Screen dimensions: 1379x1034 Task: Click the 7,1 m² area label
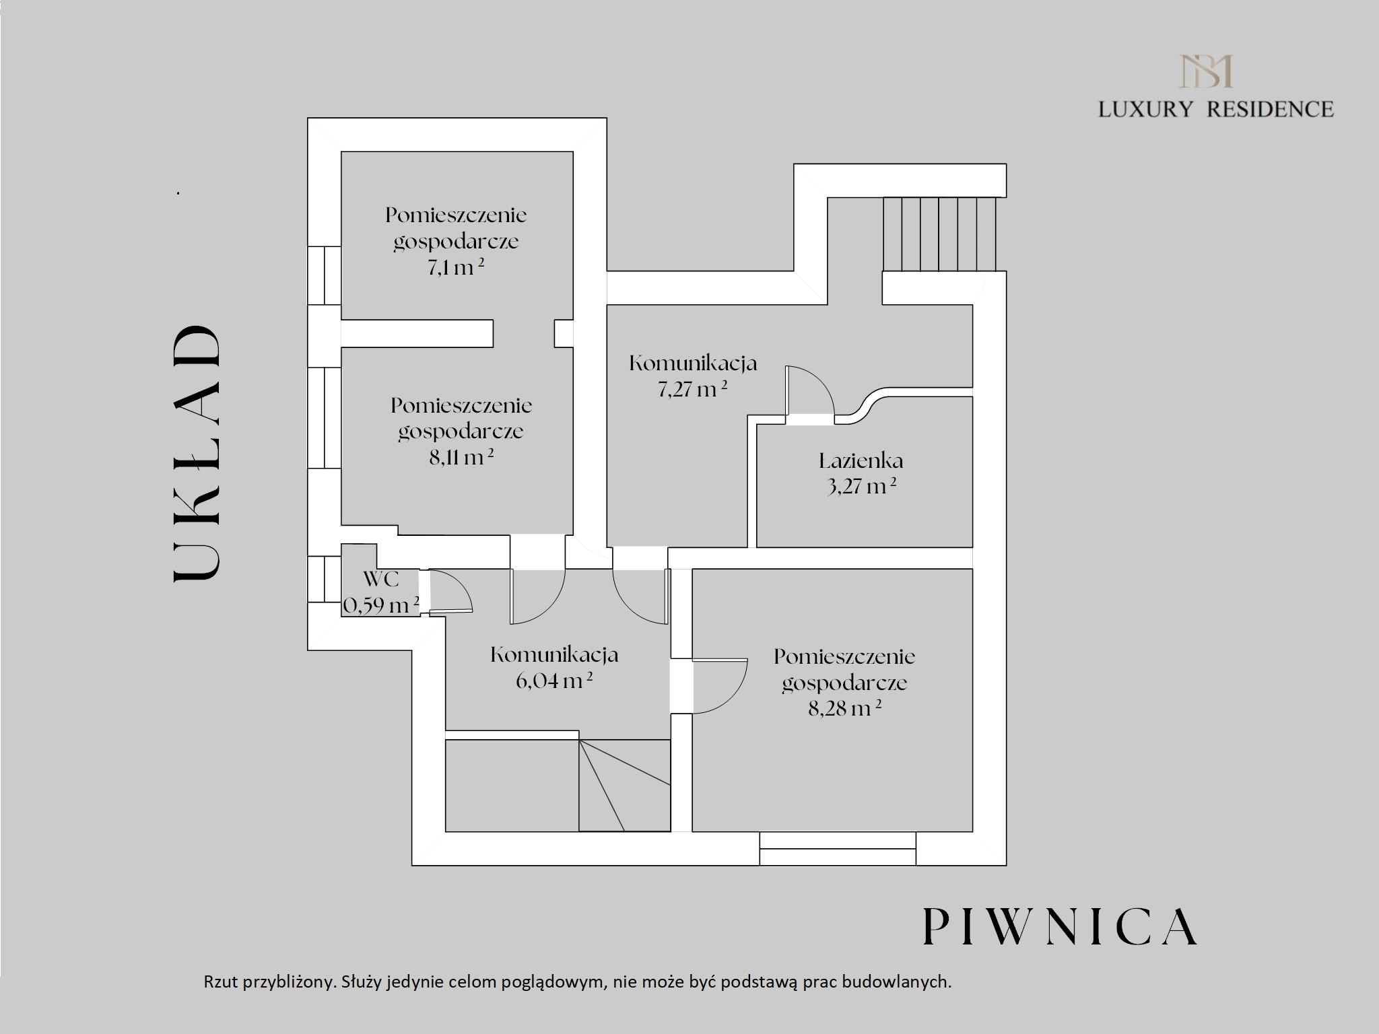[x=456, y=267]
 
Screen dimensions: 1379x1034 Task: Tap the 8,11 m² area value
[x=461, y=458]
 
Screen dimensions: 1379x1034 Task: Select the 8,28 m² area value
[x=845, y=708]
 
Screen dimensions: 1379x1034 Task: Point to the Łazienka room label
[x=861, y=461]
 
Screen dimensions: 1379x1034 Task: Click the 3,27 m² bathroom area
[x=861, y=486]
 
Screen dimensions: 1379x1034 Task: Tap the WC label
[x=381, y=579]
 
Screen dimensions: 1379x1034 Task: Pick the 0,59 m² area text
[x=381, y=605]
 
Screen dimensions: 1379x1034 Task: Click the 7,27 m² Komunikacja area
[x=692, y=389]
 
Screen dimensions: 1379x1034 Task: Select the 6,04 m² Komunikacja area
[x=553, y=681]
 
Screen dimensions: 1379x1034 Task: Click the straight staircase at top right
[x=939, y=234]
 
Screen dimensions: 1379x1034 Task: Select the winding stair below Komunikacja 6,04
[x=624, y=785]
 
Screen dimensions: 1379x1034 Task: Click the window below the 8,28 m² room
[x=838, y=848]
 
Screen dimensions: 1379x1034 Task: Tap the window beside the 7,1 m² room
[x=325, y=275]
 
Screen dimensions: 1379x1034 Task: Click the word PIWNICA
[x=1059, y=926]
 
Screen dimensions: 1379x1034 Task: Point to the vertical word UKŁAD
[x=197, y=454]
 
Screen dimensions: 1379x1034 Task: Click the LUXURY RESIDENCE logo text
[x=1215, y=109]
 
